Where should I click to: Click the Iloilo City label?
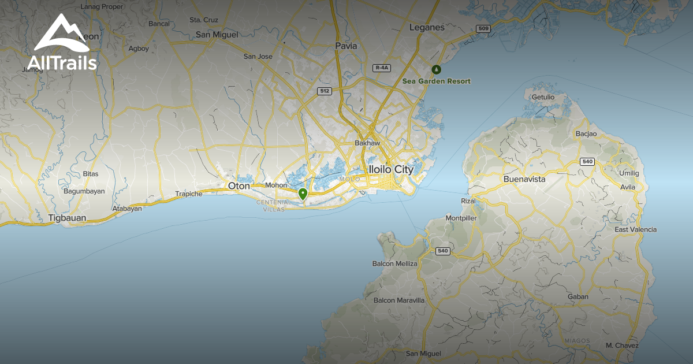tap(391, 170)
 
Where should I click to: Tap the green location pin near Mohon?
tap(303, 194)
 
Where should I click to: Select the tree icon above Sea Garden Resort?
tap(437, 70)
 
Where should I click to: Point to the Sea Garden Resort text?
tap(437, 81)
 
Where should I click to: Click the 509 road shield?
tap(483, 28)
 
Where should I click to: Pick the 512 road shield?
tap(324, 91)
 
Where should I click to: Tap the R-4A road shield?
tap(382, 68)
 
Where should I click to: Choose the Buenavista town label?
tap(524, 179)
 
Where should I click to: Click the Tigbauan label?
tap(67, 218)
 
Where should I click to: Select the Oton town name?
tap(239, 186)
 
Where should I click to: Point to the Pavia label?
tap(346, 46)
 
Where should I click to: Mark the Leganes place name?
tap(427, 27)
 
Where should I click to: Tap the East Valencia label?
tap(635, 229)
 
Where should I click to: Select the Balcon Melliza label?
tap(395, 263)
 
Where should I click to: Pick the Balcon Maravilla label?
tap(399, 300)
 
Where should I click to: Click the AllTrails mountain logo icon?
tap(61, 33)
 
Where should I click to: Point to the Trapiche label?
tap(189, 194)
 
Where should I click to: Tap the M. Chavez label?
tap(622, 346)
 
